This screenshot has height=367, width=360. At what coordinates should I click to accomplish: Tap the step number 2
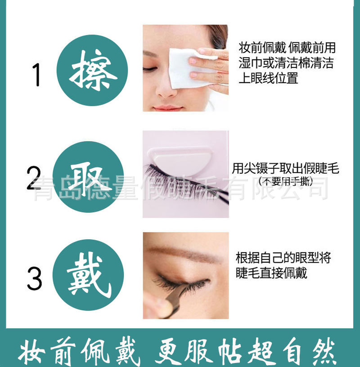(34, 179)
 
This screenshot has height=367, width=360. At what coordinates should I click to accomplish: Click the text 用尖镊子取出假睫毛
(285, 169)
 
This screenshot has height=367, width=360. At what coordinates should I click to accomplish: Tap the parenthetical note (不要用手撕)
(286, 182)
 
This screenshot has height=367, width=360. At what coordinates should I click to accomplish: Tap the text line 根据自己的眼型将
(283, 258)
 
